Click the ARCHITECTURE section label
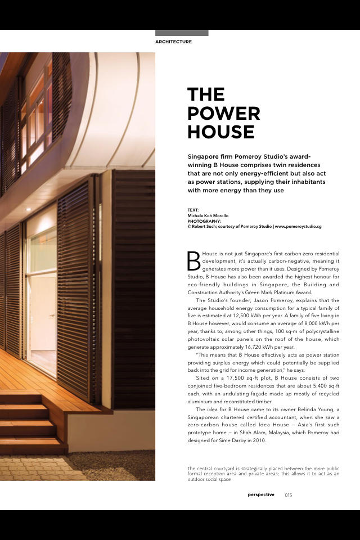tap(173, 42)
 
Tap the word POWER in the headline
tap(223, 113)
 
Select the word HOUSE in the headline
tap(220, 132)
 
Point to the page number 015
tap(288, 495)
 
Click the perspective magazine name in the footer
tap(261, 495)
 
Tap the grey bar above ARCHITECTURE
tap(182, 33)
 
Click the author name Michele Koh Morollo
tap(208, 216)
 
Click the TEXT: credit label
tap(193, 211)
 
